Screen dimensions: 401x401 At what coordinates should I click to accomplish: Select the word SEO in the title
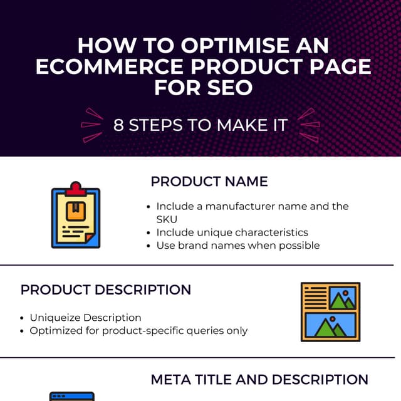coord(230,88)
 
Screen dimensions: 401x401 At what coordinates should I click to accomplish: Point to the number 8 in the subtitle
coord(118,125)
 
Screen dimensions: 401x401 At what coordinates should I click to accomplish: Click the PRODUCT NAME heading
coord(209,182)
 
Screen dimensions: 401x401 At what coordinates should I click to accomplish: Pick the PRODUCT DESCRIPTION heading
coord(106,290)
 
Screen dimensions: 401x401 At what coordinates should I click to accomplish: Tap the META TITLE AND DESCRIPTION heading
coord(259,380)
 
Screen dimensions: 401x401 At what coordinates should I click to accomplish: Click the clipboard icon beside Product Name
coord(75,215)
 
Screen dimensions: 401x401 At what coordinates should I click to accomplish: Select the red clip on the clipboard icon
coord(76,189)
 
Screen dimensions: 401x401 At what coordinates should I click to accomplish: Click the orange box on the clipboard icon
coord(75,212)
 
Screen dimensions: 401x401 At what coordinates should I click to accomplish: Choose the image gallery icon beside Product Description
coord(330,311)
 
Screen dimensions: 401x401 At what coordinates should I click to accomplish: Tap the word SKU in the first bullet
coord(167,219)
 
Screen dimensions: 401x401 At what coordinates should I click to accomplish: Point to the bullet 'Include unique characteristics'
coord(232,232)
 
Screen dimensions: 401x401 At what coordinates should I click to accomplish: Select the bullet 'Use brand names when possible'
coord(238,245)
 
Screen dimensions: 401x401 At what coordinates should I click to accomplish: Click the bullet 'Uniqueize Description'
coord(85,318)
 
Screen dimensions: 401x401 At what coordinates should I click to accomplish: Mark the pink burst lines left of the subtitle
coord(91,125)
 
